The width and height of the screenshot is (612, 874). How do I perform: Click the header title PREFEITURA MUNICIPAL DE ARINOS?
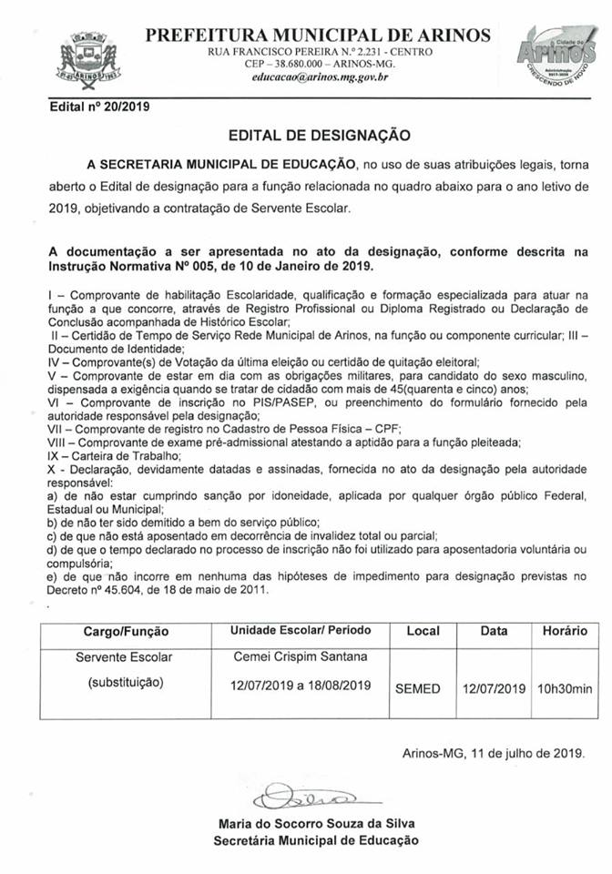coord(318,36)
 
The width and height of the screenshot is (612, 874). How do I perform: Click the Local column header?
coord(423,630)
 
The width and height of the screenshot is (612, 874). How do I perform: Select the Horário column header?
coord(565,630)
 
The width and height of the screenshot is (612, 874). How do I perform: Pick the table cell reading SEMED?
coord(418,688)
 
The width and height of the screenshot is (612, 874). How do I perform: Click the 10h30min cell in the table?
coord(565,688)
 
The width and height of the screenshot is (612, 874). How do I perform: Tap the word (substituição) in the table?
coord(120,683)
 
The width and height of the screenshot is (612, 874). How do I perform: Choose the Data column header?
coord(495,630)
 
